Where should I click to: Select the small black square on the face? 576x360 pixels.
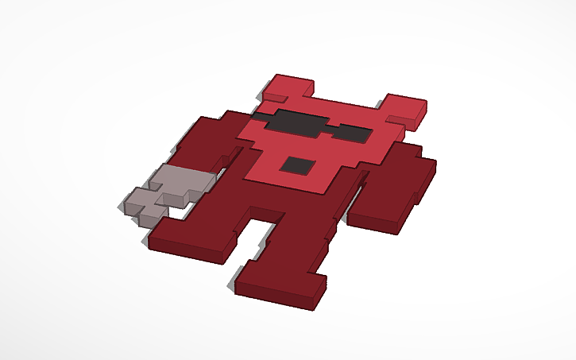tap(299, 165)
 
